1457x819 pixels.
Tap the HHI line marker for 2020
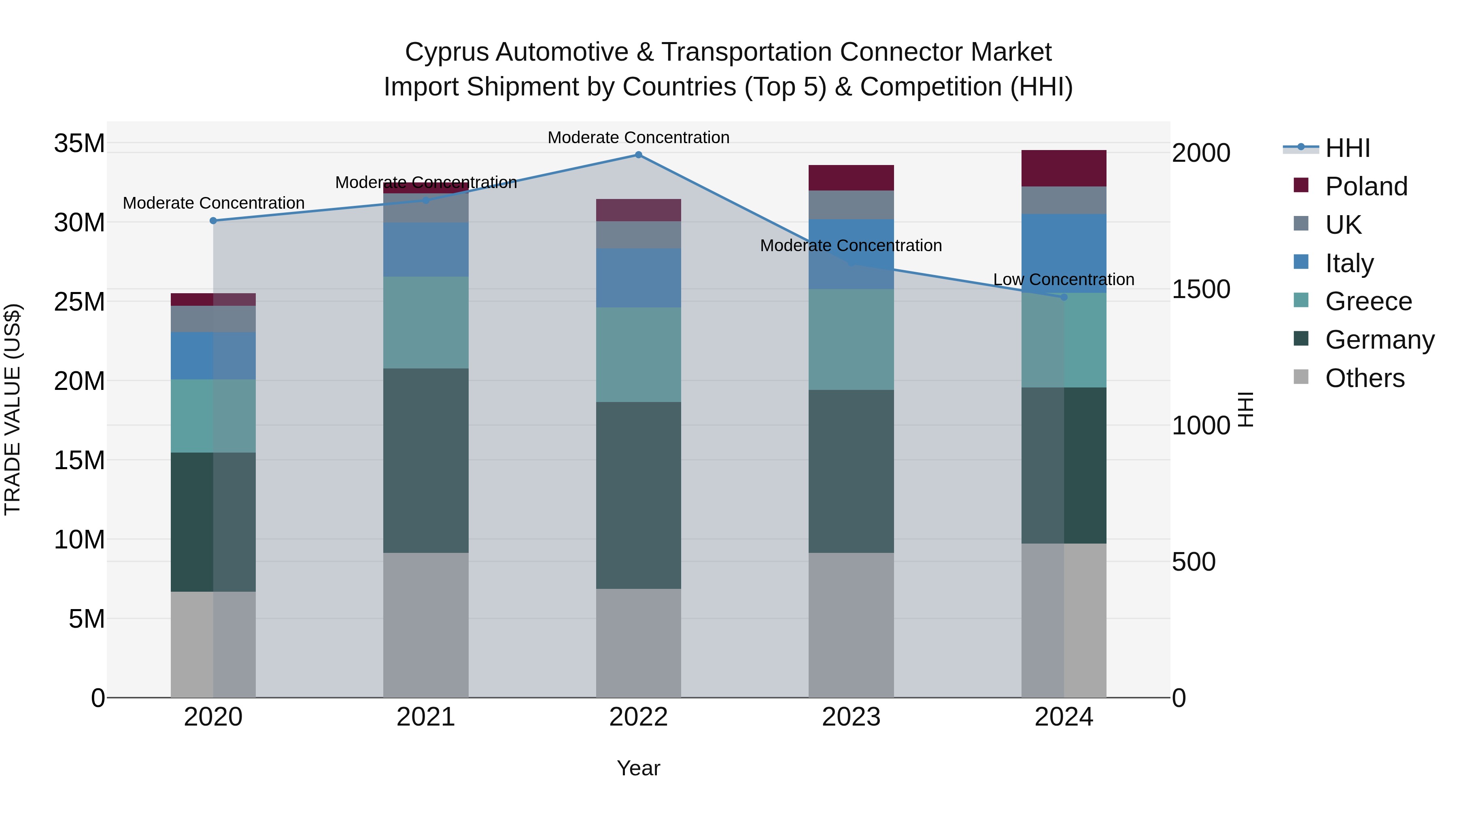point(213,220)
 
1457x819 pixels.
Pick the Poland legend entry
point(1366,186)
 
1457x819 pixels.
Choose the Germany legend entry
point(1379,340)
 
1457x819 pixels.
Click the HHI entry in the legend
point(1347,148)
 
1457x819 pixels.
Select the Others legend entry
point(1364,378)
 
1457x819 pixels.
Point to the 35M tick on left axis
point(79,143)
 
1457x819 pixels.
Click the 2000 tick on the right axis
point(1201,153)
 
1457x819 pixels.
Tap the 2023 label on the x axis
point(851,717)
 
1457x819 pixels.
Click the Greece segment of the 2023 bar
point(851,339)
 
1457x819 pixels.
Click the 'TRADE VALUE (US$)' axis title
point(13,409)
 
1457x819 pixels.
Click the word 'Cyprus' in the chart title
point(446,52)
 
